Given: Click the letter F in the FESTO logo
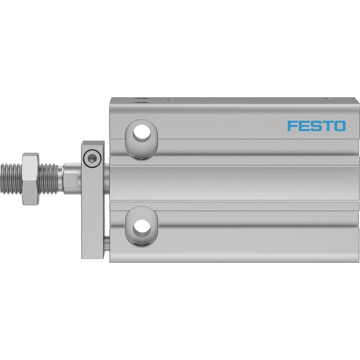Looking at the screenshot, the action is point(292,126).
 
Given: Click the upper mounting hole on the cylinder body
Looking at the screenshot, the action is point(142,133).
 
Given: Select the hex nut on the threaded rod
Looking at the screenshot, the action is point(31,179).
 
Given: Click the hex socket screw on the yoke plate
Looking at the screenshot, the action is point(92,158).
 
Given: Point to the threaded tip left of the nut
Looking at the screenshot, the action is point(11,179).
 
